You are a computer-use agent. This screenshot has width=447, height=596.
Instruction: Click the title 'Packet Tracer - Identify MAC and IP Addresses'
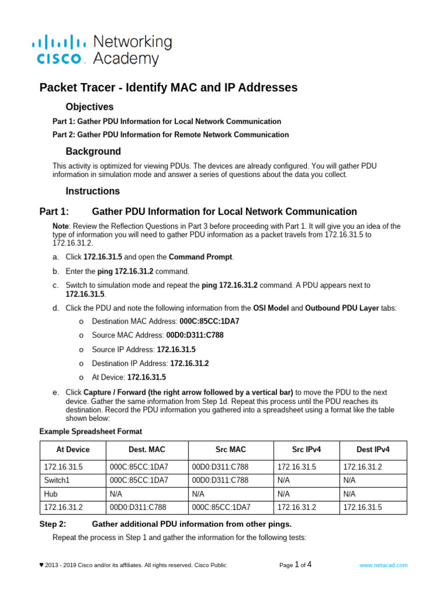click(168, 87)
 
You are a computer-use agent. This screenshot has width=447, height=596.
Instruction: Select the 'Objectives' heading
click(90, 107)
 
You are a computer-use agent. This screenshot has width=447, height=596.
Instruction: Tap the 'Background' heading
click(93, 151)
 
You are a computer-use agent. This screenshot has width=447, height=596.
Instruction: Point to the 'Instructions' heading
click(93, 191)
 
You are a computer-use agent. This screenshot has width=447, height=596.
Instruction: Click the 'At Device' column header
click(73, 449)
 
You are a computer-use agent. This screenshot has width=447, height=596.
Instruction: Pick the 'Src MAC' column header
click(230, 449)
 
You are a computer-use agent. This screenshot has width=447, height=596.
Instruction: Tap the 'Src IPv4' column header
click(306, 449)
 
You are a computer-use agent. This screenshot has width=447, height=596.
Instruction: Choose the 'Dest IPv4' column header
click(373, 449)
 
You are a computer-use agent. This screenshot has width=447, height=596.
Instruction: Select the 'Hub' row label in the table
click(51, 494)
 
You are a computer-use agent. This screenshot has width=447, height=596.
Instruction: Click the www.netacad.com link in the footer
click(384, 565)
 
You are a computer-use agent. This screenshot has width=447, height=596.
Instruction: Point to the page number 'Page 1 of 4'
click(296, 565)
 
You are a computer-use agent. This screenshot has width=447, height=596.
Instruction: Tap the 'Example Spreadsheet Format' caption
click(90, 431)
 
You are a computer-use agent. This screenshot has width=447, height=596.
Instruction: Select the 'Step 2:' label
click(53, 524)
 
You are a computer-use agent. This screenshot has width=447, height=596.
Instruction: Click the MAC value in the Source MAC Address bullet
click(195, 335)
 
